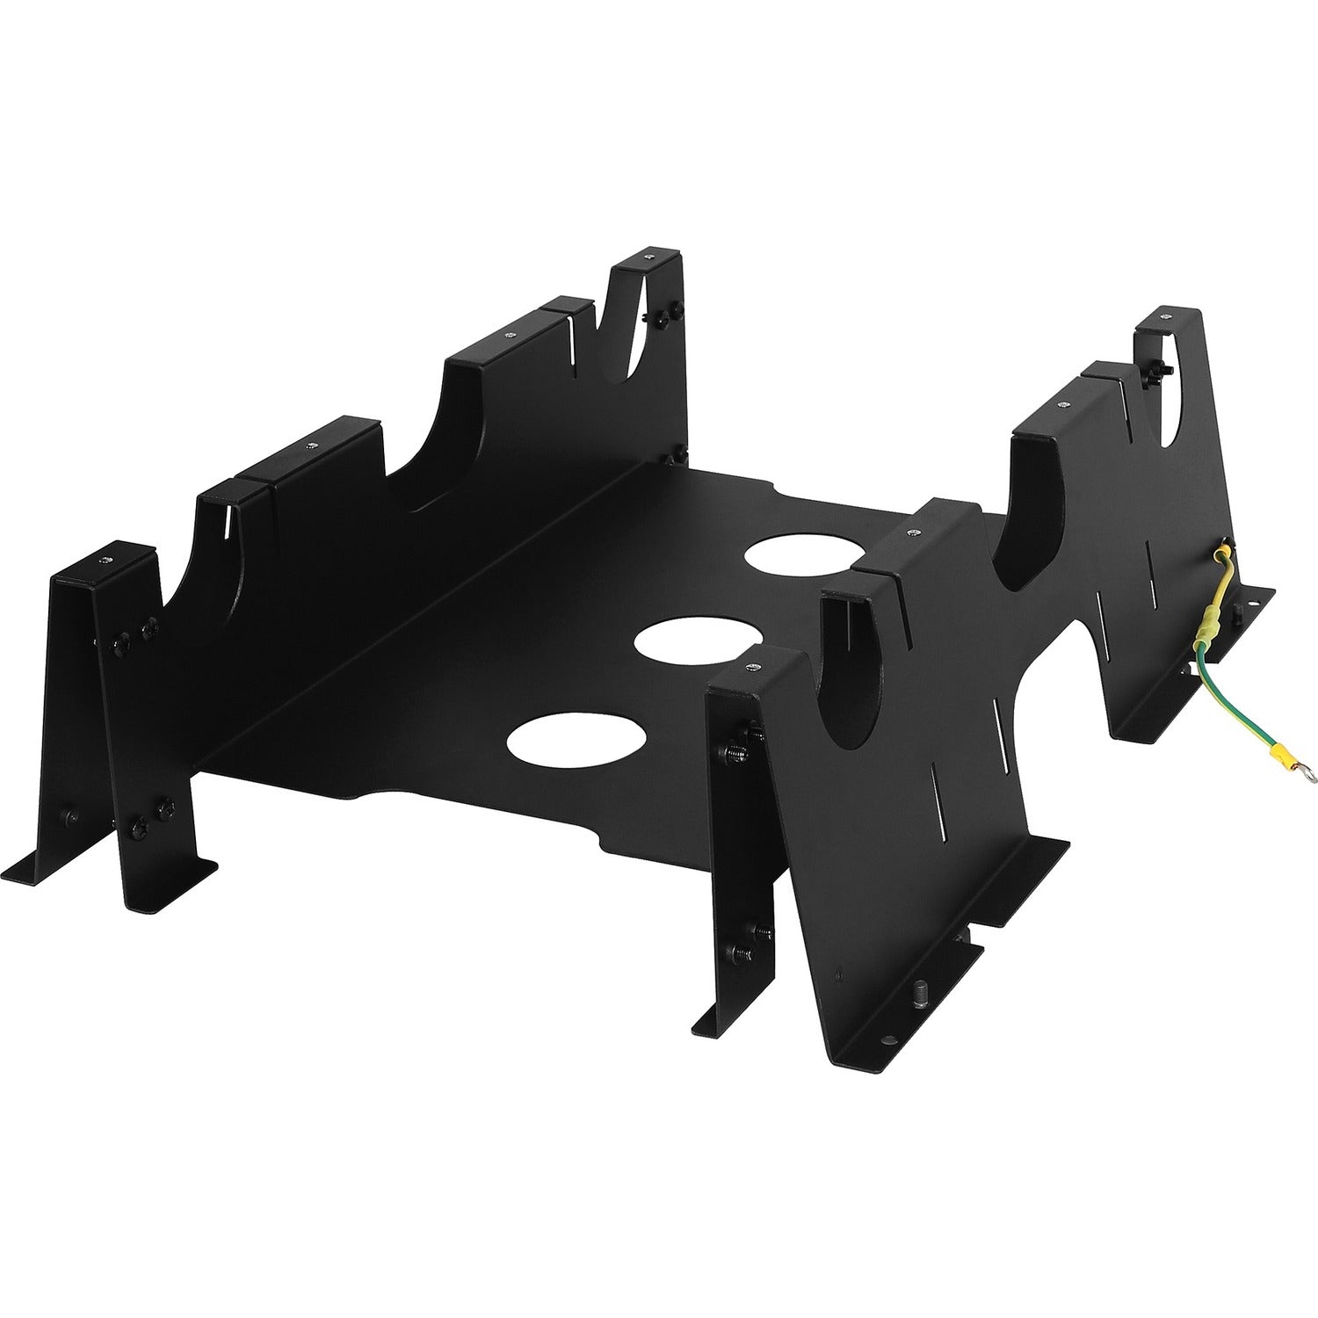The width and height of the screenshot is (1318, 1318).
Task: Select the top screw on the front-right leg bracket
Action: click(x=752, y=670)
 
